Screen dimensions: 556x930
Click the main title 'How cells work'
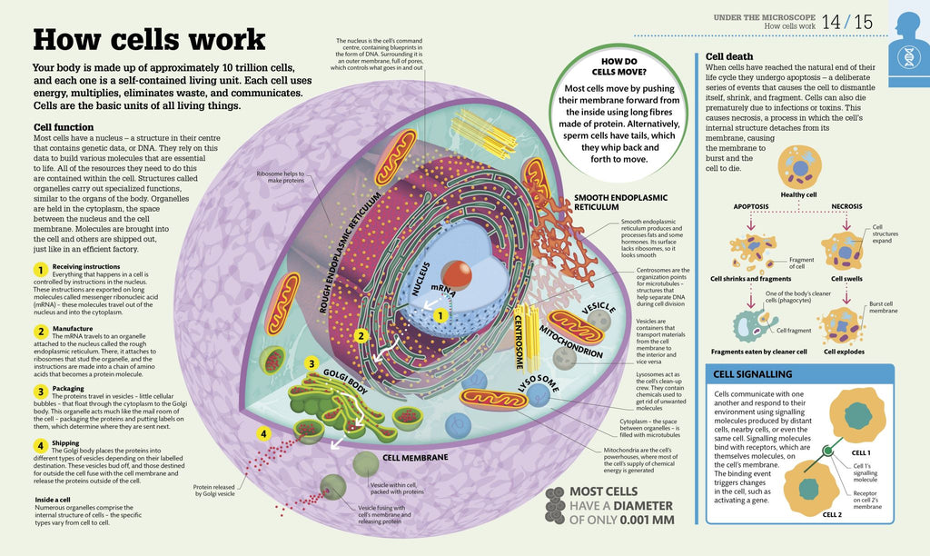click(149, 40)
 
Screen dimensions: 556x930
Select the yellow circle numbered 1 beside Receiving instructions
click(40, 270)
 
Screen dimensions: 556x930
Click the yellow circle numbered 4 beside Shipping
click(40, 445)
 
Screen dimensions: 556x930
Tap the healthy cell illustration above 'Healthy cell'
click(800, 167)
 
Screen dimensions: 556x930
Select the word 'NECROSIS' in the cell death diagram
click(846, 206)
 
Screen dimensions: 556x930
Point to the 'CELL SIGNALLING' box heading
click(753, 373)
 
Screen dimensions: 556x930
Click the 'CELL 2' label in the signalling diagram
click(833, 514)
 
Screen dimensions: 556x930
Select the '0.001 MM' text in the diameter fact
click(641, 521)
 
